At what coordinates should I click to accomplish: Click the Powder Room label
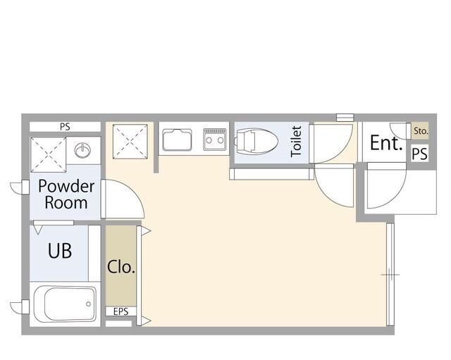(x=66, y=194)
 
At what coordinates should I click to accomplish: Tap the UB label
(x=60, y=251)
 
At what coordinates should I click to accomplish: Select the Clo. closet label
(x=121, y=267)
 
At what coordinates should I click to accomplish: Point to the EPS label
(x=121, y=311)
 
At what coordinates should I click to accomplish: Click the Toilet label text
(x=296, y=142)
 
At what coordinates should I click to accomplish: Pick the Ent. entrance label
(x=386, y=143)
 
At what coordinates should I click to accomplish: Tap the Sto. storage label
(x=421, y=131)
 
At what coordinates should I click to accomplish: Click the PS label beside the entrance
(x=420, y=154)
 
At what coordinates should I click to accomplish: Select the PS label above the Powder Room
(x=65, y=127)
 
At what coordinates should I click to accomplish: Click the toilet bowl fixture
(x=256, y=142)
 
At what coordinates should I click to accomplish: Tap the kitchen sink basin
(x=177, y=140)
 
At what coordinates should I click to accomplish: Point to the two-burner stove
(x=215, y=139)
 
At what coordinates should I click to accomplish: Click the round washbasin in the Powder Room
(x=82, y=150)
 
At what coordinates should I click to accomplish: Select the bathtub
(x=65, y=304)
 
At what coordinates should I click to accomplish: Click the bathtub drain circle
(x=89, y=304)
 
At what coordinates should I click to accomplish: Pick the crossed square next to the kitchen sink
(x=130, y=142)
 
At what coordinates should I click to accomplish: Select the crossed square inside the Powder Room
(x=49, y=155)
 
